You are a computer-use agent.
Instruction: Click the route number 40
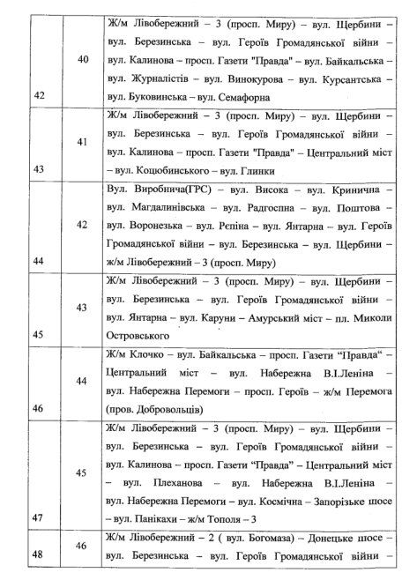pyautogui.click(x=83, y=59)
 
